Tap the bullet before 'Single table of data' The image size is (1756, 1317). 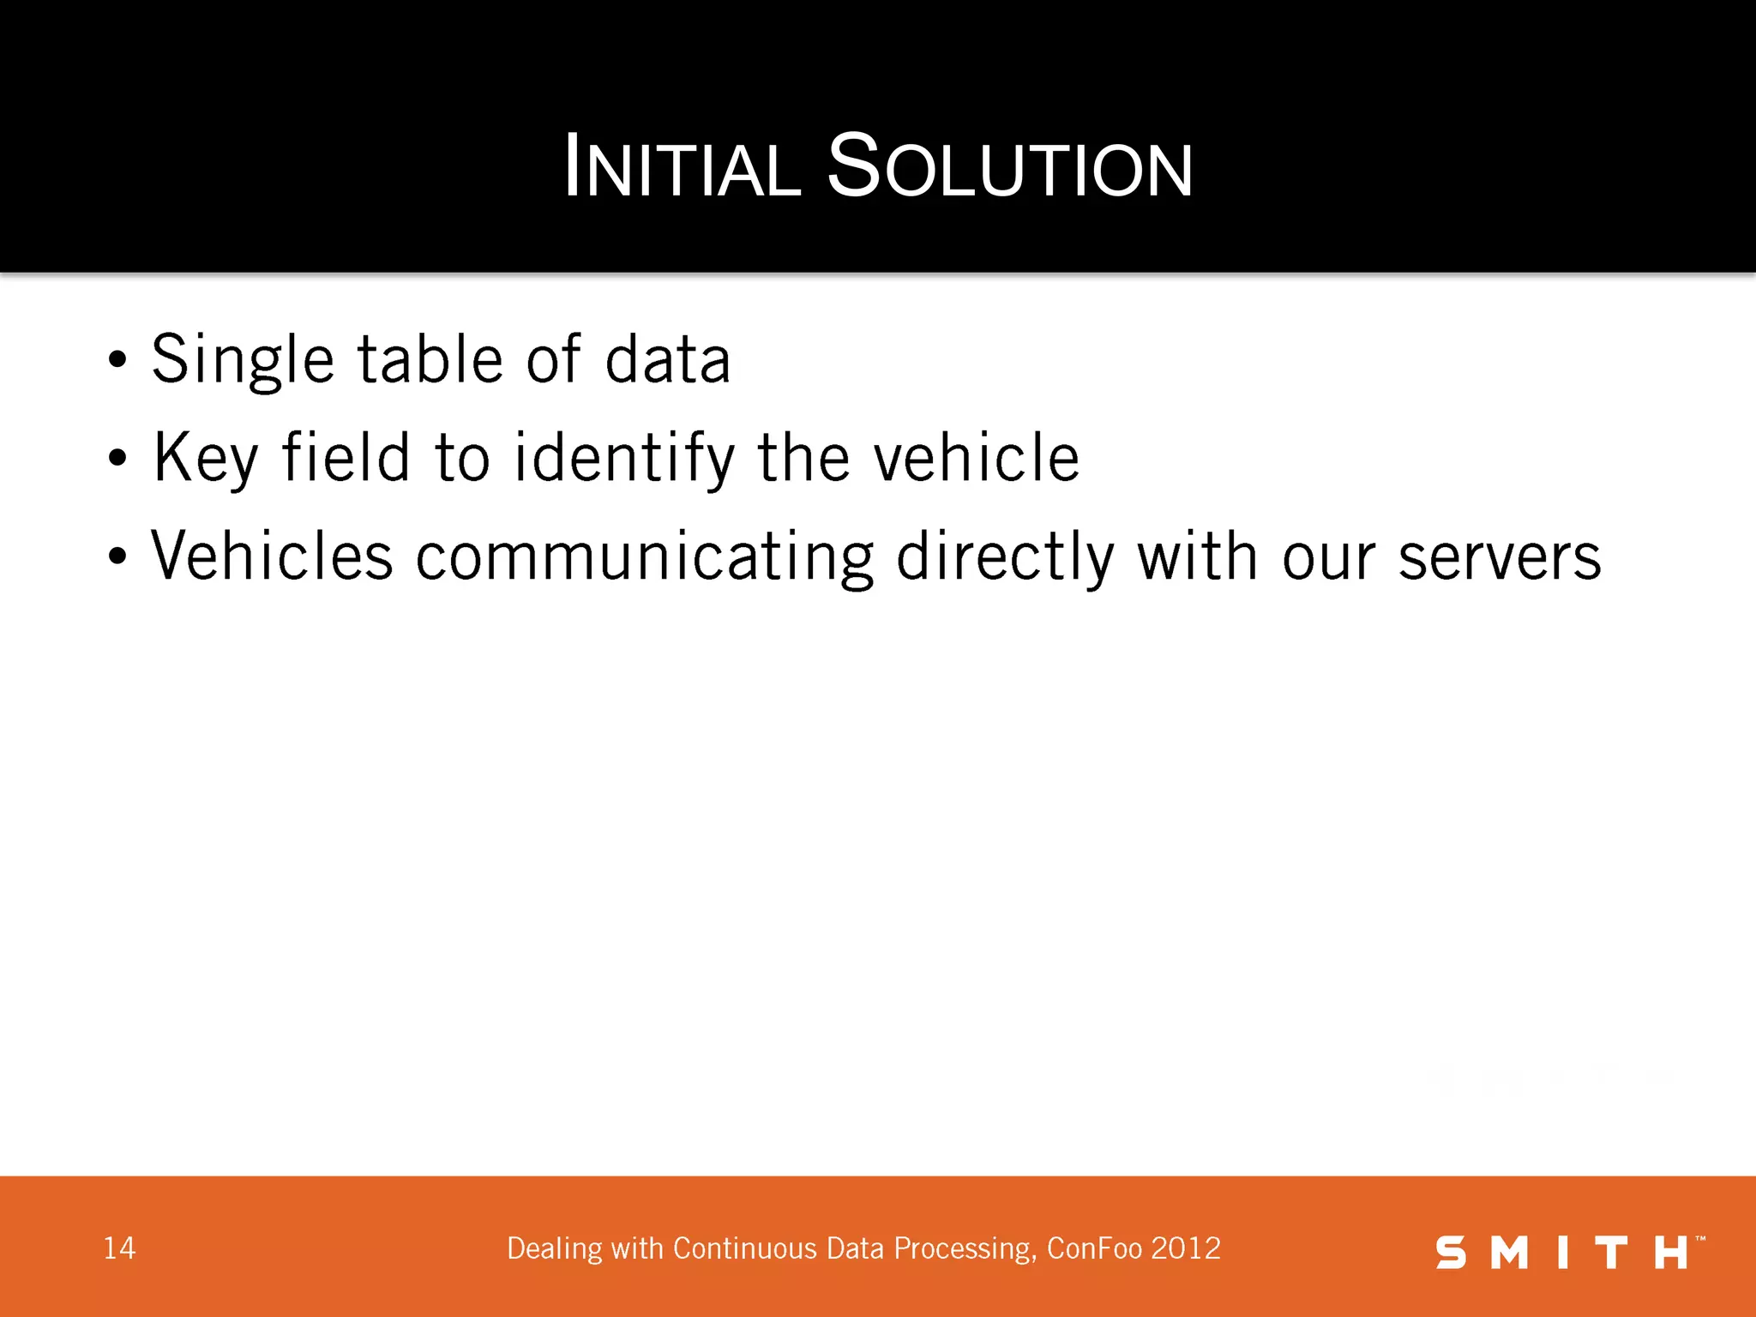pyautogui.click(x=118, y=360)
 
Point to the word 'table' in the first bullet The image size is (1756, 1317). pyautogui.click(x=430, y=358)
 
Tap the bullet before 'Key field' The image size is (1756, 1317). pyautogui.click(x=118, y=459)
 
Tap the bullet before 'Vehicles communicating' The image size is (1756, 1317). pyautogui.click(x=118, y=557)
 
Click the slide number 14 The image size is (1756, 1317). pyautogui.click(x=119, y=1248)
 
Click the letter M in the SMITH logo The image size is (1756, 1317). pyautogui.click(x=1510, y=1253)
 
